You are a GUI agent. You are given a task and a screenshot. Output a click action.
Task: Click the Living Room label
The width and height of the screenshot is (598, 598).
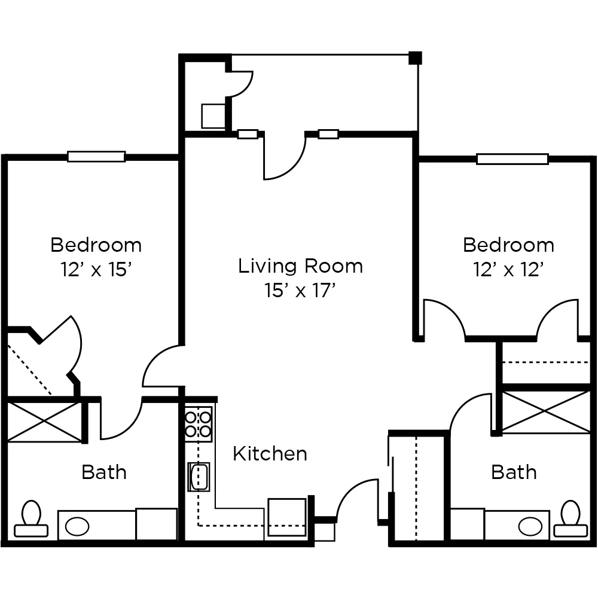(x=300, y=266)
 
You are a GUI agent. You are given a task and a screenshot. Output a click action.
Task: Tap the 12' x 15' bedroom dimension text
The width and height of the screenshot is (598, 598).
(x=96, y=270)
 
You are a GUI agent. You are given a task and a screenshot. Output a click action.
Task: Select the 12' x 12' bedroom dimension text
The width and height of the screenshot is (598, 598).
(x=508, y=270)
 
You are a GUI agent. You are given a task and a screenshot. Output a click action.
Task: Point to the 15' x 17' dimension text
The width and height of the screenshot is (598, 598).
(x=300, y=291)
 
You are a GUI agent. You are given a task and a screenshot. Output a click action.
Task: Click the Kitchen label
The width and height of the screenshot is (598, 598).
(x=270, y=454)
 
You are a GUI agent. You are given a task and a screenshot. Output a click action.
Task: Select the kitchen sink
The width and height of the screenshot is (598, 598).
(x=199, y=477)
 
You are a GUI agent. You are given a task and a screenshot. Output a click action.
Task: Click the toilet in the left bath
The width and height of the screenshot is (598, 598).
(x=31, y=519)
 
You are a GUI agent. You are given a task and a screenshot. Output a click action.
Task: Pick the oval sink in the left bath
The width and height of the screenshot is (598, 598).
(x=77, y=527)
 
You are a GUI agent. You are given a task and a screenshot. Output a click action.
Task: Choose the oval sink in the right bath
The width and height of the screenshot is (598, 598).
(x=530, y=527)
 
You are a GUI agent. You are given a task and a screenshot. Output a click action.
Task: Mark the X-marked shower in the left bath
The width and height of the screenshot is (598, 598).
(x=43, y=422)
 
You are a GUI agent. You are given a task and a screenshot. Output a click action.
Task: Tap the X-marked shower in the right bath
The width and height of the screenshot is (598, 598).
(x=546, y=412)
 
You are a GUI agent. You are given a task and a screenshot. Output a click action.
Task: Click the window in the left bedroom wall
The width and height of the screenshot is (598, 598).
(x=96, y=157)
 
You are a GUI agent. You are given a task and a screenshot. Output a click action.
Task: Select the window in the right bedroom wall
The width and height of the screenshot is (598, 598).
(x=512, y=159)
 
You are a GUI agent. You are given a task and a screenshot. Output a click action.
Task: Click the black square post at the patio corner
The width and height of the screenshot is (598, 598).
(x=415, y=58)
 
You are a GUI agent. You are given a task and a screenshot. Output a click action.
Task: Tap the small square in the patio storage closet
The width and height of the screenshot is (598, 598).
(x=212, y=116)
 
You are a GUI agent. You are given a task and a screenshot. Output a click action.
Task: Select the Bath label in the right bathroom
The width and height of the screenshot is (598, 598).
(x=514, y=472)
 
